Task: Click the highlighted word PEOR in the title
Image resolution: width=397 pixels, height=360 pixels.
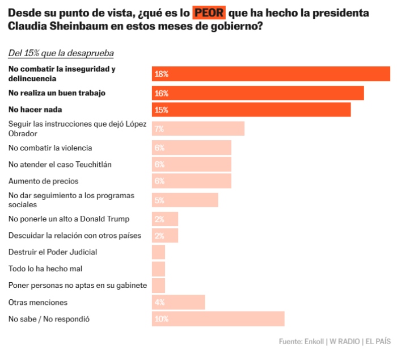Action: tap(208, 12)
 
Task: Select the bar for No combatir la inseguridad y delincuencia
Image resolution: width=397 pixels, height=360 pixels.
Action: tap(271, 74)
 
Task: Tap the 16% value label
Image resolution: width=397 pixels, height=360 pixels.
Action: tap(162, 93)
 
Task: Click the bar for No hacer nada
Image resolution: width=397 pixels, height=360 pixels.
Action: tap(251, 110)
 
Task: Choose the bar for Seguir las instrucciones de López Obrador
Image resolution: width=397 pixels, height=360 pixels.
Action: tap(198, 129)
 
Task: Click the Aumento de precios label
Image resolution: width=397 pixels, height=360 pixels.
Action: tap(43, 181)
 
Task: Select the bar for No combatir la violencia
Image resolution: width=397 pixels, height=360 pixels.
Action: tap(191, 148)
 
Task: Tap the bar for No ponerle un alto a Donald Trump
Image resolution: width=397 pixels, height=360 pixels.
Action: tap(164, 219)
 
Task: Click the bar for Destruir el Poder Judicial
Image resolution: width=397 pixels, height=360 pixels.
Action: tap(158, 252)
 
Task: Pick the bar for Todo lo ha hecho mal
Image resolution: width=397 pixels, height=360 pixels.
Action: tap(158, 269)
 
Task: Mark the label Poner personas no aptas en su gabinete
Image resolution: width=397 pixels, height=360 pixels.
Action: tap(78, 285)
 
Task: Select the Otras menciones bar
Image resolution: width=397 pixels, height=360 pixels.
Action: tap(178, 302)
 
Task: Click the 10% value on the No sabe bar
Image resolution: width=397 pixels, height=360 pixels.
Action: tap(162, 319)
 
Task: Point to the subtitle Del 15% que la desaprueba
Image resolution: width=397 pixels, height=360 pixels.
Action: tap(61, 53)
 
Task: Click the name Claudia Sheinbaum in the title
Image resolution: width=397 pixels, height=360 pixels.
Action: tap(46, 27)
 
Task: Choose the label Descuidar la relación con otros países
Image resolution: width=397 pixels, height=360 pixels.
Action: tap(75, 235)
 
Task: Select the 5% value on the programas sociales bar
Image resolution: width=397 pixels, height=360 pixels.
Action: tap(159, 200)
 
